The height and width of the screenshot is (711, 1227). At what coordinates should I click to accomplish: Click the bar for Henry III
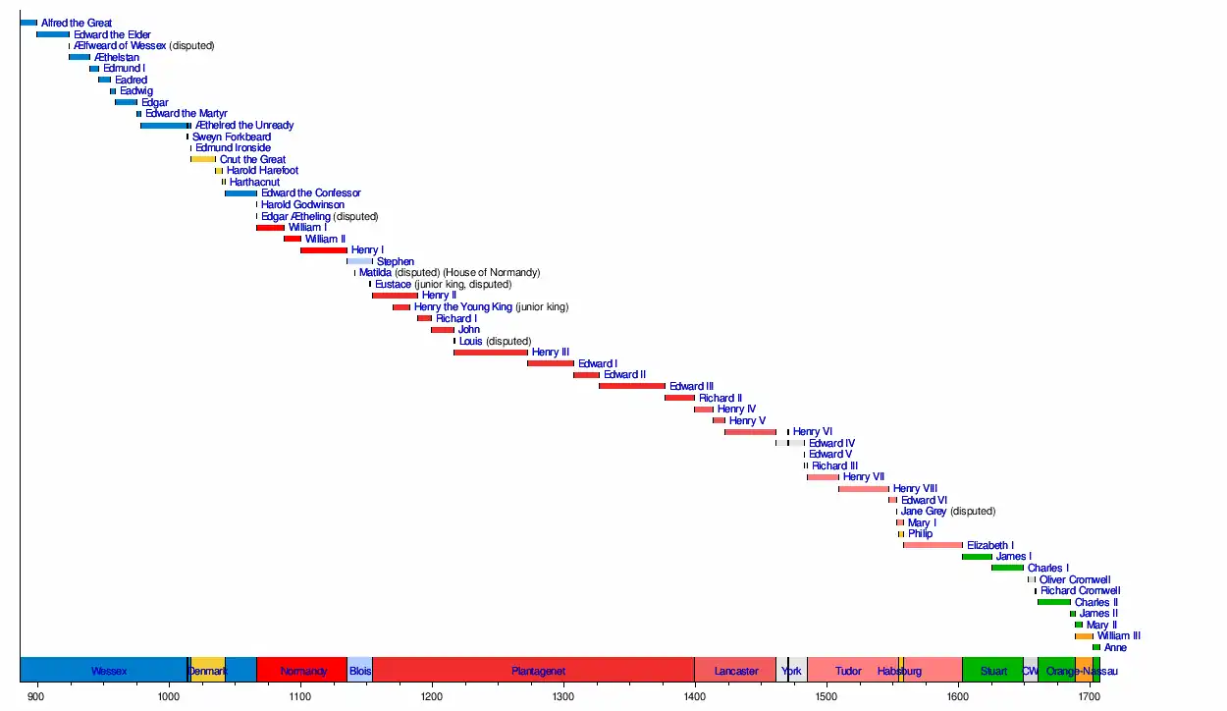point(490,353)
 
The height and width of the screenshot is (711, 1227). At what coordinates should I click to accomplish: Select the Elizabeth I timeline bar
point(933,545)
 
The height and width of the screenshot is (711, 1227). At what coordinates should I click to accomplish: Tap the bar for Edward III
point(631,386)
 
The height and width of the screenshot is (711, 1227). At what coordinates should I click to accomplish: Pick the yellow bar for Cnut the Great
point(203,159)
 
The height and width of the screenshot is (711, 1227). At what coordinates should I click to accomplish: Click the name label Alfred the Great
point(77,23)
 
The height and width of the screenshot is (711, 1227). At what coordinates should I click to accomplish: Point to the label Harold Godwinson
point(302,204)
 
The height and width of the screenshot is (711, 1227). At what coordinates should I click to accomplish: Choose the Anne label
point(1115,648)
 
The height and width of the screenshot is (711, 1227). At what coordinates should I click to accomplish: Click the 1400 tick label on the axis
point(694,696)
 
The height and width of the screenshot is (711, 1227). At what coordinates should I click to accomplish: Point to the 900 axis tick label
point(36,696)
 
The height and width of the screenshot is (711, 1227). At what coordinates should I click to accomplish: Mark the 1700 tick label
point(1089,696)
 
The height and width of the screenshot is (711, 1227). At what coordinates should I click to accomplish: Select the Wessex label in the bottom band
point(109,671)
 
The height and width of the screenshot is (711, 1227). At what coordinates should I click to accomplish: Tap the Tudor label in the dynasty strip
point(848,671)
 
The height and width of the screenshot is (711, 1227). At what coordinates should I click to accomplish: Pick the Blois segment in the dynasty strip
point(359,671)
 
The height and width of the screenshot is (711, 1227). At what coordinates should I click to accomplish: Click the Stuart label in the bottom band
point(993,671)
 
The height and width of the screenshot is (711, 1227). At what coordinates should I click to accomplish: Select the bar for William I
point(270,228)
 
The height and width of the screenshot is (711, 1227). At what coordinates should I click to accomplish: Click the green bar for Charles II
point(1053,602)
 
